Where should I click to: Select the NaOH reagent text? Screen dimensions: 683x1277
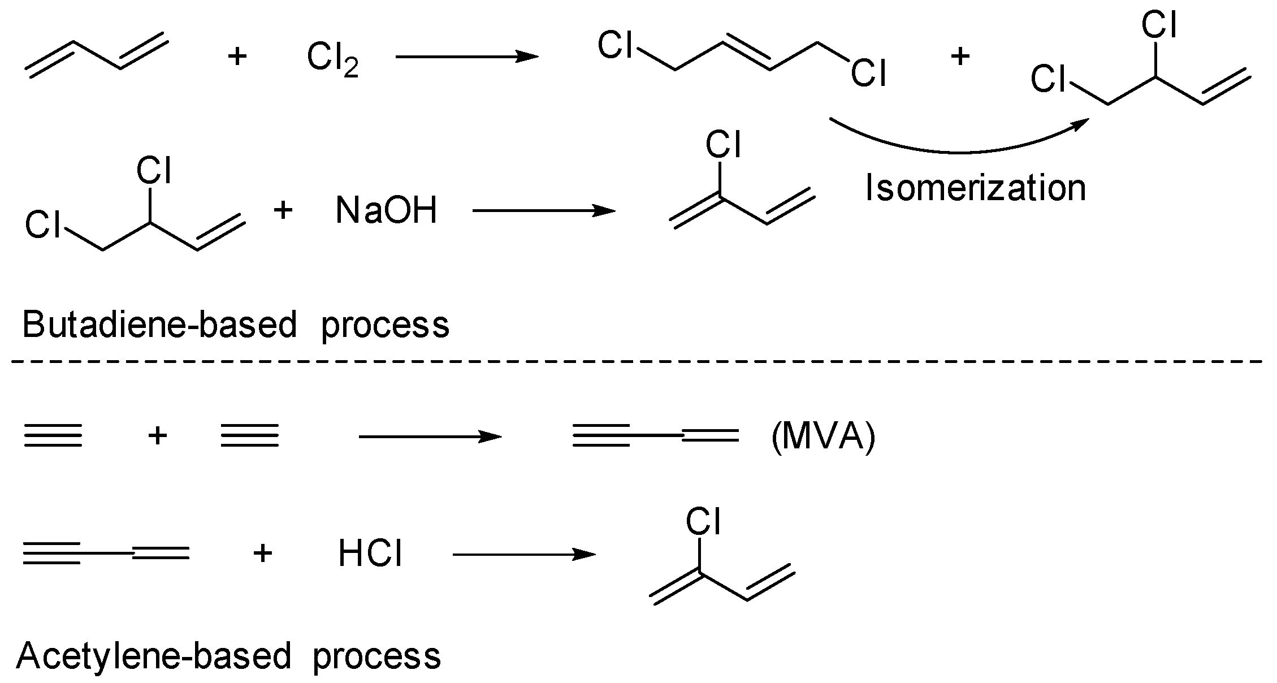tap(386, 211)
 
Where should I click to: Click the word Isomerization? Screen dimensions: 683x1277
tap(975, 188)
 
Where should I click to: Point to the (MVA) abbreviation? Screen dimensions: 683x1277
tap(823, 436)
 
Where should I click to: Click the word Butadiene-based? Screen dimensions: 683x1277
tap(159, 325)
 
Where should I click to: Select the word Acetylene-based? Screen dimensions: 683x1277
tap(154, 656)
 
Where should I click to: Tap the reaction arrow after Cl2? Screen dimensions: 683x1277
tap(466, 57)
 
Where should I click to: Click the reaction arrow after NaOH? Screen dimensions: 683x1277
tap(543, 211)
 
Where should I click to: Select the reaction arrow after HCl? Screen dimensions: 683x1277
tap(523, 554)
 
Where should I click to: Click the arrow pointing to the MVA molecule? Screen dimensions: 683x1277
tap(430, 436)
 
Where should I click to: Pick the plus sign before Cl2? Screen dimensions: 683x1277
tap(237, 57)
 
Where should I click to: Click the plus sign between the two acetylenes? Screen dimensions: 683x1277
tap(157, 436)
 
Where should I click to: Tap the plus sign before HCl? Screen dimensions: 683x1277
tap(262, 553)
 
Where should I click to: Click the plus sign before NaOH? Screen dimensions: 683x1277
tap(283, 210)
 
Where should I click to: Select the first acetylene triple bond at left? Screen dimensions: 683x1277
tap(53, 436)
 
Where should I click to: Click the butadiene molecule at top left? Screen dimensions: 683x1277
tap(96, 57)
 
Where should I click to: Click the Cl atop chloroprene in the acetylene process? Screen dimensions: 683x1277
tap(703, 521)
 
